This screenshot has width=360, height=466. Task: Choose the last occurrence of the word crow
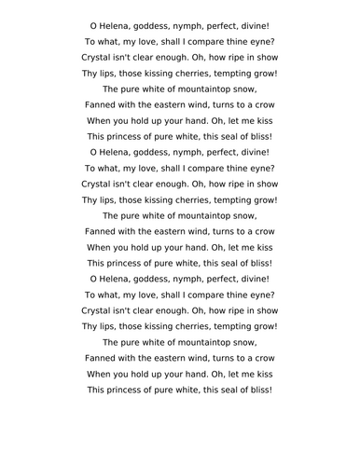[x=259, y=358]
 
